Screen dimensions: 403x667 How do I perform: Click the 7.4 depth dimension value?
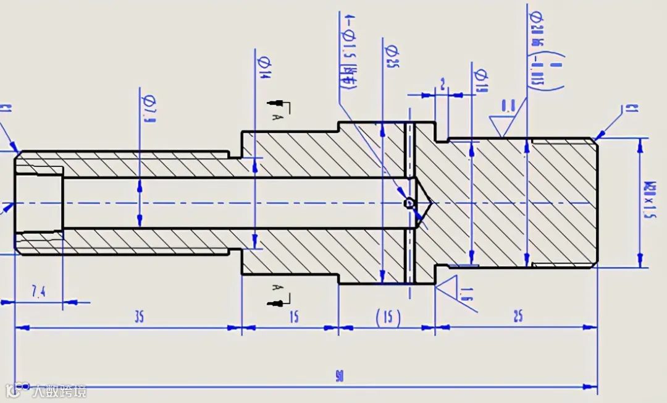[x=38, y=292]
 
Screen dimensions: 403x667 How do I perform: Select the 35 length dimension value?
[x=139, y=317]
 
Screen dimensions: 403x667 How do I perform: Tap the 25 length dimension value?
[x=518, y=316]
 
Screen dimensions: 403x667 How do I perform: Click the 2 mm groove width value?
[x=442, y=83]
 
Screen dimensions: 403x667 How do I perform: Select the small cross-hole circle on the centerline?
[x=408, y=203]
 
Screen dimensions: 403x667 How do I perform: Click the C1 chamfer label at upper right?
[x=631, y=109]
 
